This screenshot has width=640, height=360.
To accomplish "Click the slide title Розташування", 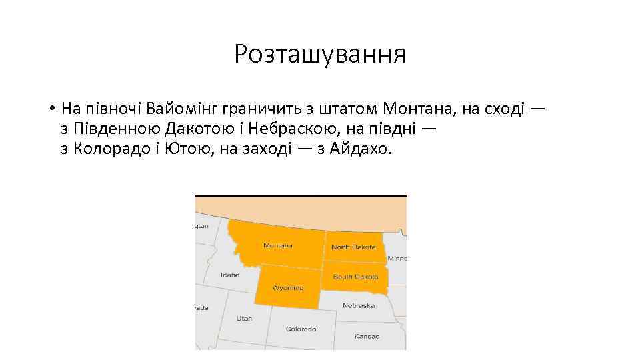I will (x=319, y=54).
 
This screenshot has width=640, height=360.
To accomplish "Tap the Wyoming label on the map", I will (x=287, y=288).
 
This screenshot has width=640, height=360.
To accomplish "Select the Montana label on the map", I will (x=278, y=245).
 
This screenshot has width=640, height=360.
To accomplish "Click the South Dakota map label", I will (x=355, y=276).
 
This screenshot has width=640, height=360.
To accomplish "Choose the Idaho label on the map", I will (x=230, y=275).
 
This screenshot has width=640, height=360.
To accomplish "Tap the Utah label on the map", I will (x=244, y=318).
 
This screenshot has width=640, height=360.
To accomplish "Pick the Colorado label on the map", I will (x=301, y=329).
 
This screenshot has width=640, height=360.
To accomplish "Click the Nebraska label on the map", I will (x=359, y=305).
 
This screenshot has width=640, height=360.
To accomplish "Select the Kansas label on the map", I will (x=367, y=336).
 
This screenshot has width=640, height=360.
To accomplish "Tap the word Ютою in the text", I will (x=188, y=149).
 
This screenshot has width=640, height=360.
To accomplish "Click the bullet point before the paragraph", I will (x=51, y=108).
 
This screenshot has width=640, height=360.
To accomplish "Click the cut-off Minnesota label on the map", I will (x=397, y=258).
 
